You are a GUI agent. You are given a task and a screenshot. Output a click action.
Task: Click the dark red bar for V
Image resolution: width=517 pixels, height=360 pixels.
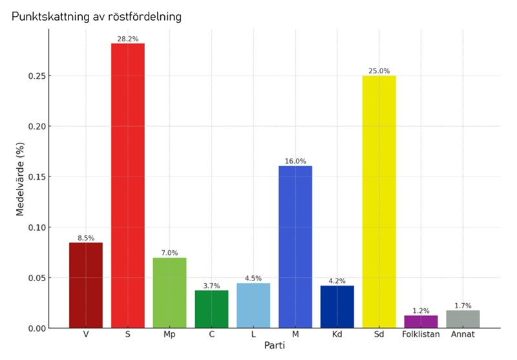pyautogui.click(x=86, y=285)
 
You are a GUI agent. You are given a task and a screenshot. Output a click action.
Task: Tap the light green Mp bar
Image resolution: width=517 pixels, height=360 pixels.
pyautogui.click(x=169, y=293)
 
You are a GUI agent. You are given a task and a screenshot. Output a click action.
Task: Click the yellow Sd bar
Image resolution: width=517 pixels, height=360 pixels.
pyautogui.click(x=379, y=202)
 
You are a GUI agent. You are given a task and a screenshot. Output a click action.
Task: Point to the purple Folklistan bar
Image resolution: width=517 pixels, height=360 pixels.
pyautogui.click(x=421, y=322)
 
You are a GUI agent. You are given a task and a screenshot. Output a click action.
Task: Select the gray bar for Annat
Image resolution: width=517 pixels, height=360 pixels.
pyautogui.click(x=463, y=319)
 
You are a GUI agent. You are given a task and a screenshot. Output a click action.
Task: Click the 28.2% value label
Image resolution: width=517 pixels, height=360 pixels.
pyautogui.click(x=127, y=39)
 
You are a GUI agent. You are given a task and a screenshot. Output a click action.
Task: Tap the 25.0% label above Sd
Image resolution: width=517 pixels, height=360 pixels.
pyautogui.click(x=379, y=71)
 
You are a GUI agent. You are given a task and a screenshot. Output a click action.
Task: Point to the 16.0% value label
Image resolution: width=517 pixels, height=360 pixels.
pyautogui.click(x=295, y=162)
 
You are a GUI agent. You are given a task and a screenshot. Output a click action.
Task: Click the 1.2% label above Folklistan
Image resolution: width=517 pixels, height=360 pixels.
pyautogui.click(x=421, y=311)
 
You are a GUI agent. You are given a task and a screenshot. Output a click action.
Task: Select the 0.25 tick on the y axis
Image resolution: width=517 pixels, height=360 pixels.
pyautogui.click(x=38, y=76)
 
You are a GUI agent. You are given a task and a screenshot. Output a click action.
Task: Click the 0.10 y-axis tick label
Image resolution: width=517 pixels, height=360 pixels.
pyautogui.click(x=38, y=228)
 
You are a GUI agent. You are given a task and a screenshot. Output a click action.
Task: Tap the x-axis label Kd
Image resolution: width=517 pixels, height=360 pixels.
pyautogui.click(x=337, y=335)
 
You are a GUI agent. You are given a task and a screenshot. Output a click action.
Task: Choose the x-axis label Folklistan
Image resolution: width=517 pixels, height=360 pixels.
pyautogui.click(x=421, y=335)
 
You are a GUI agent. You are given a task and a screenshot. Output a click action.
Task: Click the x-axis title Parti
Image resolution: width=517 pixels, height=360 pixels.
pyautogui.click(x=275, y=347)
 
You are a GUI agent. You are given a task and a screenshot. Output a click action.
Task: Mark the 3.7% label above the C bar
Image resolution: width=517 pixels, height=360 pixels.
pyautogui.click(x=211, y=286)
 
